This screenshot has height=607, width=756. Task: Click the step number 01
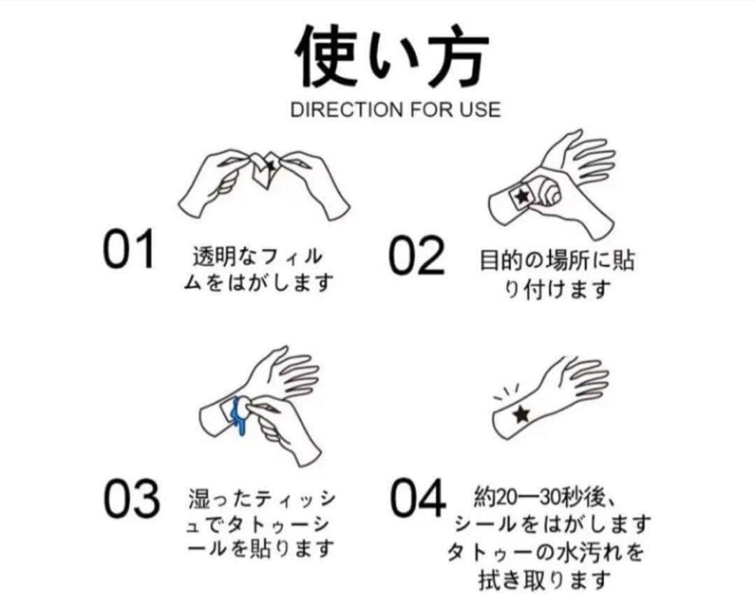point(129,249)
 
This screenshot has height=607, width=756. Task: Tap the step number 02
point(416,255)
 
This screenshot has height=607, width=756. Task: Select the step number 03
point(132,499)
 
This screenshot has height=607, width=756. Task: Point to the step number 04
point(418,497)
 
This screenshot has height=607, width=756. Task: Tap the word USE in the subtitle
point(479,109)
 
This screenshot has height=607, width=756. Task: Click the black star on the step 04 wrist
point(521,413)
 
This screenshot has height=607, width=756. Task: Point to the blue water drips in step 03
point(239,416)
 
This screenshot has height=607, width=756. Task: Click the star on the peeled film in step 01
point(270,165)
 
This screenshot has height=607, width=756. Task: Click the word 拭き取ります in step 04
point(545,580)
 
